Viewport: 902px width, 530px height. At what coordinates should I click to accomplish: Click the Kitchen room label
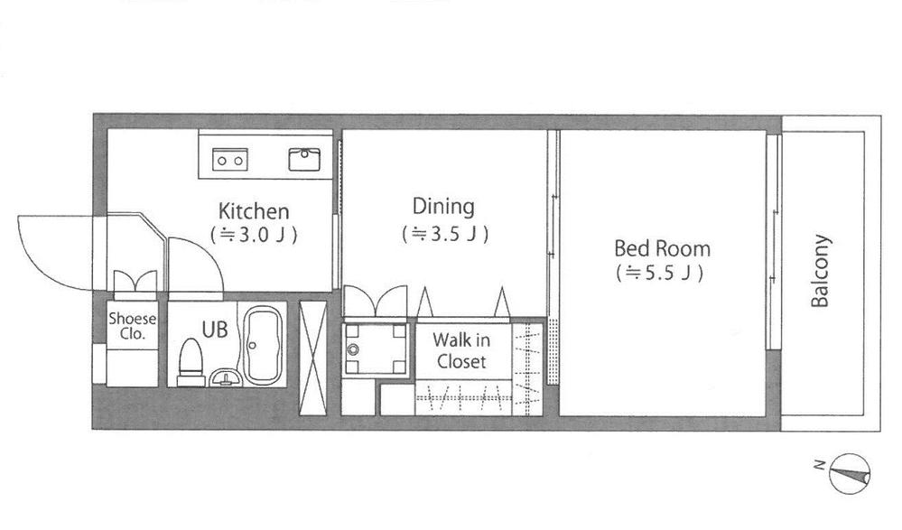[x=254, y=212]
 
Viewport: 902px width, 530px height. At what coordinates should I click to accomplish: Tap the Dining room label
[x=443, y=207]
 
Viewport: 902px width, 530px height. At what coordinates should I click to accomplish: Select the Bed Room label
[x=661, y=248]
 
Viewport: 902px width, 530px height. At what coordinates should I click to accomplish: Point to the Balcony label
[x=820, y=271]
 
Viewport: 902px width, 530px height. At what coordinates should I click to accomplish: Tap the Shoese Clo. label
[x=132, y=326]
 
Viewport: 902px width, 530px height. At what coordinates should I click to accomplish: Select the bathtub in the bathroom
[x=263, y=346]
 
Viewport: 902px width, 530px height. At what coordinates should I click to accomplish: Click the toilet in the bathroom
[x=191, y=362]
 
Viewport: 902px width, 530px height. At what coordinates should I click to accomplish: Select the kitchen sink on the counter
[x=305, y=160]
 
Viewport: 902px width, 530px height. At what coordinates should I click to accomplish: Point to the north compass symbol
[x=849, y=471]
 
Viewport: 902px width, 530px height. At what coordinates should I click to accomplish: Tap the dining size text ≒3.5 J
[x=444, y=234]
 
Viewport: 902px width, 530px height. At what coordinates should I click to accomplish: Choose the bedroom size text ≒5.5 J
[x=661, y=272]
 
